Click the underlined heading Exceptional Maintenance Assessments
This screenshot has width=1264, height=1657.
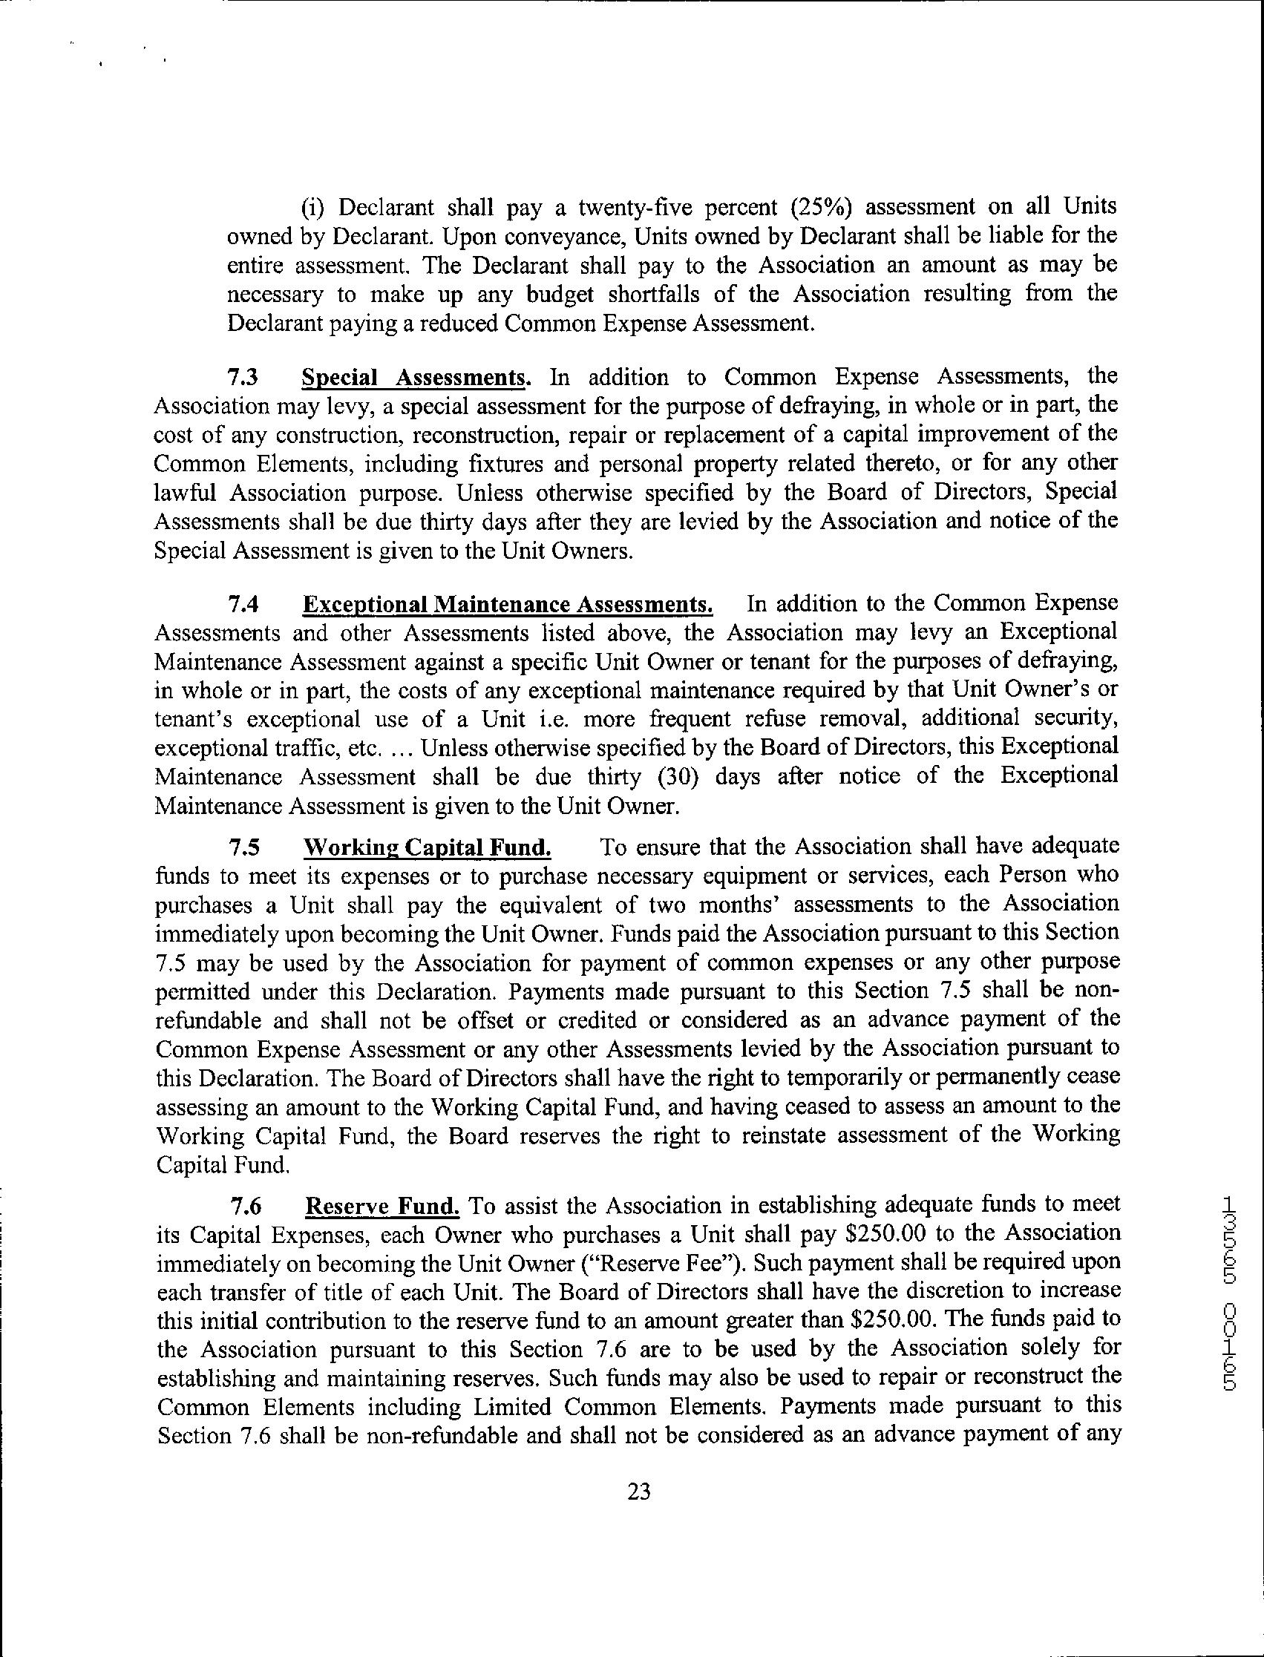[x=508, y=605]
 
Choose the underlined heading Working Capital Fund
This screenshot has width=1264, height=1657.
[x=427, y=847]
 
